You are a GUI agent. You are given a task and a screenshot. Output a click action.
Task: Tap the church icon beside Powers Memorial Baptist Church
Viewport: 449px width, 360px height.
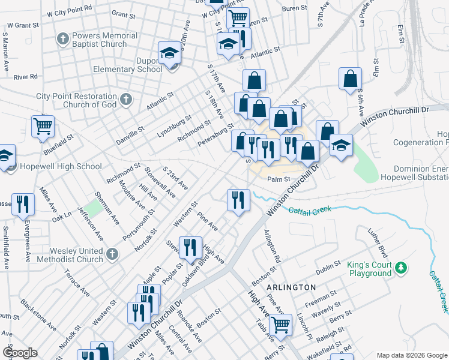[x=63, y=39]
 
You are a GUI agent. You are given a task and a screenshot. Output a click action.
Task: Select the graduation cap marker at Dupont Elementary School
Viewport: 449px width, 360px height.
[x=170, y=53]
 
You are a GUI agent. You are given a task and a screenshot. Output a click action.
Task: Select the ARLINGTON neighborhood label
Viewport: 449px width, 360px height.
[x=292, y=287]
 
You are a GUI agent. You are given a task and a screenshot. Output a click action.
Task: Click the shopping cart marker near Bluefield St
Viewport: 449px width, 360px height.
[x=43, y=127]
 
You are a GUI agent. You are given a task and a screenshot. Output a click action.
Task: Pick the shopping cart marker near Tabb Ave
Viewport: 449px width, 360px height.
[x=280, y=325]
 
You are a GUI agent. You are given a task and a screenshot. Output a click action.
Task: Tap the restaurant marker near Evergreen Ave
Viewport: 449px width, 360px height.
[x=23, y=204]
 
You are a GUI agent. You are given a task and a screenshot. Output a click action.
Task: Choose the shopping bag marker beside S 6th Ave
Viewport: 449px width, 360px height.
[x=351, y=79]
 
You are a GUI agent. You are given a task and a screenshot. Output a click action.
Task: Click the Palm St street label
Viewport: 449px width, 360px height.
[x=279, y=179]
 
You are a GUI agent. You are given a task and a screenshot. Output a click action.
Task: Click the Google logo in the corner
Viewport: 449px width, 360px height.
[x=19, y=353]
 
